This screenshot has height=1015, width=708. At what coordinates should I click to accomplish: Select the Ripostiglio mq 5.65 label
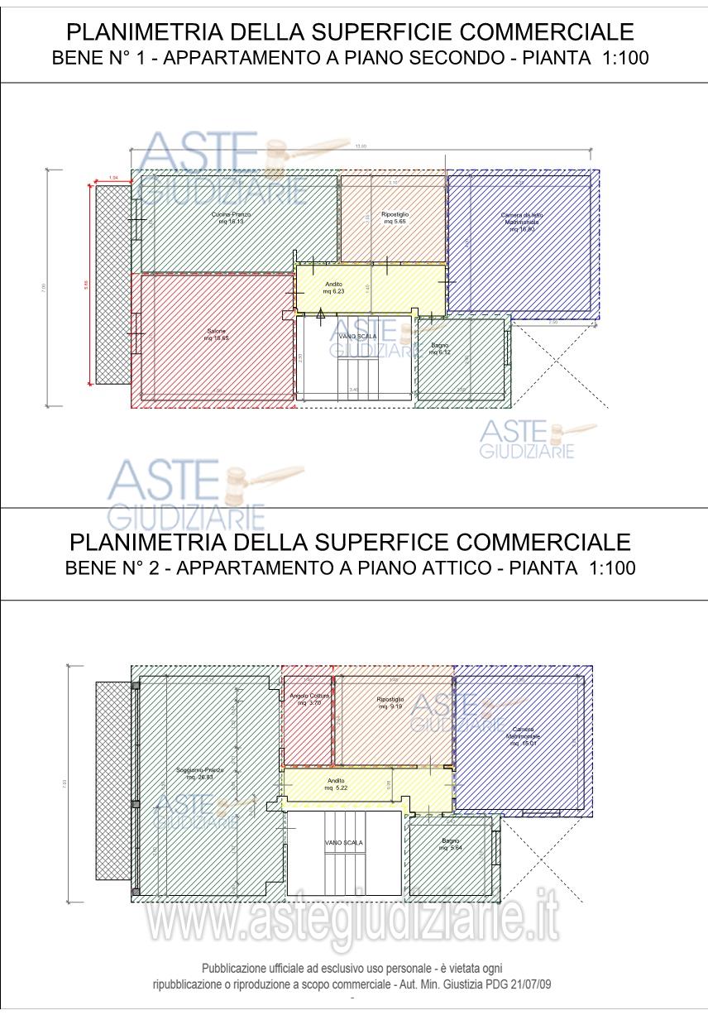coord(395,218)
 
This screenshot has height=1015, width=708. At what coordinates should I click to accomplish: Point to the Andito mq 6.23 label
coord(333,288)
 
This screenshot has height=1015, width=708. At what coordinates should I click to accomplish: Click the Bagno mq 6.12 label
coord(439,348)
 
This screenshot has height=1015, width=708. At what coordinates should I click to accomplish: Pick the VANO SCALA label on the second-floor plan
coord(356,337)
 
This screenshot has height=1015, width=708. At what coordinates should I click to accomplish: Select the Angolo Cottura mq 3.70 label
coord(309,699)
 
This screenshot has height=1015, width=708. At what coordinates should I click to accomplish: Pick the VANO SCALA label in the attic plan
coord(344,842)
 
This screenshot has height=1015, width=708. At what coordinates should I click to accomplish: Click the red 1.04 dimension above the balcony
coord(113,178)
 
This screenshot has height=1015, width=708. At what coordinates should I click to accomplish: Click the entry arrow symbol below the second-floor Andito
coord(322,313)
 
